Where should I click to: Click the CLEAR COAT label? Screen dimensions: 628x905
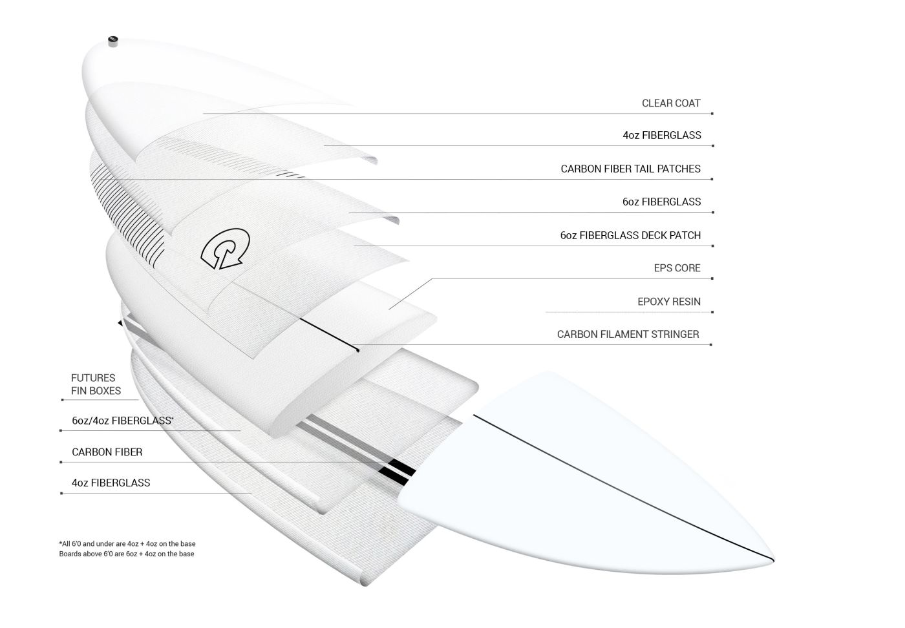pyautogui.click(x=671, y=103)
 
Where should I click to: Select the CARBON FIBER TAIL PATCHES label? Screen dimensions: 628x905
pyautogui.click(x=630, y=169)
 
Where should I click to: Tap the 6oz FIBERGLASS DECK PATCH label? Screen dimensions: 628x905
pyautogui.click(x=630, y=236)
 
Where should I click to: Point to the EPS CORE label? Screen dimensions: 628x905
pyautogui.click(x=677, y=268)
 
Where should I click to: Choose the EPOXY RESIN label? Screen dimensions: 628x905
pyautogui.click(x=668, y=302)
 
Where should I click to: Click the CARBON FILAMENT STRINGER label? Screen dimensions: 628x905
pyautogui.click(x=628, y=335)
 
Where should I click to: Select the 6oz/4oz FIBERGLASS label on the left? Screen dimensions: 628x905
pyautogui.click(x=122, y=421)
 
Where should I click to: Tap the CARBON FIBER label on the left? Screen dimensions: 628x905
pyautogui.click(x=107, y=452)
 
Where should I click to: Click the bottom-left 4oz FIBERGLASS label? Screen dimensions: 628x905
pyautogui.click(x=111, y=483)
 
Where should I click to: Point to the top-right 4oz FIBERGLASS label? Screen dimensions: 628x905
pyautogui.click(x=661, y=136)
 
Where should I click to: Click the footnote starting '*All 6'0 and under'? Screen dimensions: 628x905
pyautogui.click(x=127, y=544)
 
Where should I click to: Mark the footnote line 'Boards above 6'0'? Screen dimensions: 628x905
pyautogui.click(x=126, y=554)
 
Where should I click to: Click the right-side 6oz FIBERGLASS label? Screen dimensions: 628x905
pyautogui.click(x=661, y=202)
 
